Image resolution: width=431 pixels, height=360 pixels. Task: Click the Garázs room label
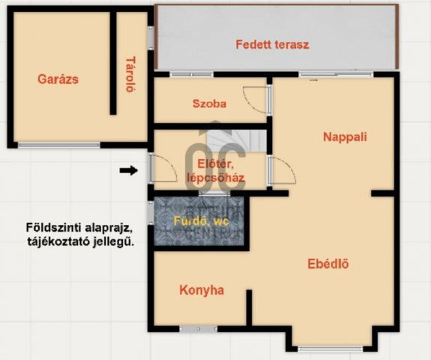(58, 79)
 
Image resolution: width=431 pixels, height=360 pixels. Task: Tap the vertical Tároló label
(130, 73)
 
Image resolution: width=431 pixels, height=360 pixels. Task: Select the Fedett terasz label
(272, 44)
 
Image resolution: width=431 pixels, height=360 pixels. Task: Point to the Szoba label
(209, 104)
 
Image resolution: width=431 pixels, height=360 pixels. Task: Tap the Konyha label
(202, 289)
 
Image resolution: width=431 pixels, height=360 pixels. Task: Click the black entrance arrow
(129, 171)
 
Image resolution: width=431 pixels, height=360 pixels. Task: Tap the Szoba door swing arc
(256, 101)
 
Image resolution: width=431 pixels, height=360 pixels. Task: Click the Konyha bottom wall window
(198, 328)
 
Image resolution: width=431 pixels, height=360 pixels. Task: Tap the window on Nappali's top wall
(325, 74)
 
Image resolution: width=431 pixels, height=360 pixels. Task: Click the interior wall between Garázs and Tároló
(113, 64)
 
